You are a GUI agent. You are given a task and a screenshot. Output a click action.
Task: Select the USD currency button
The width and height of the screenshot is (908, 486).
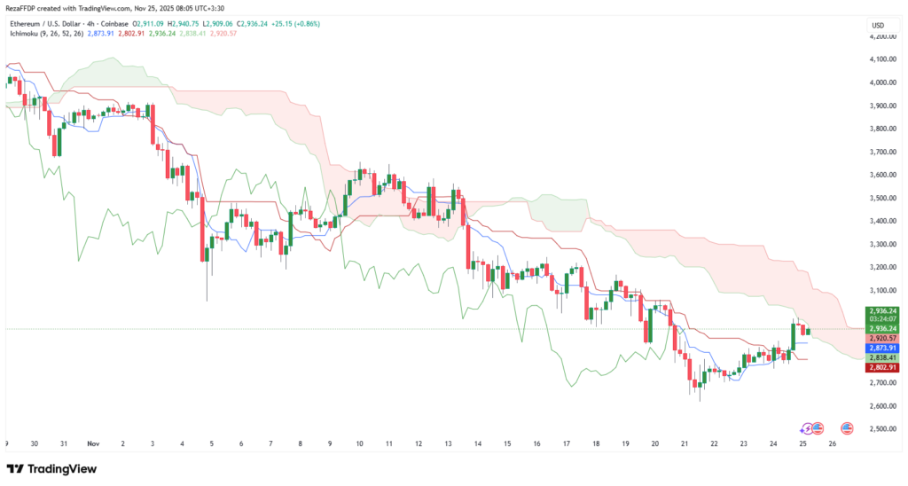pos(879,25)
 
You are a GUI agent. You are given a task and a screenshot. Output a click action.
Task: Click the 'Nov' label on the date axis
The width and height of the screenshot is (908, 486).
pos(94,443)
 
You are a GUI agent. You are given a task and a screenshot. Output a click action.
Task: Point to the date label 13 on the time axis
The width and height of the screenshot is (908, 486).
pos(449,443)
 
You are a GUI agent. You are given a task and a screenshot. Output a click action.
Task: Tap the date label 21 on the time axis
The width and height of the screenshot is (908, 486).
pos(685,443)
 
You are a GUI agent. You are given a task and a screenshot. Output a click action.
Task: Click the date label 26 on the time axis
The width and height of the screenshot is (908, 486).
pos(832,443)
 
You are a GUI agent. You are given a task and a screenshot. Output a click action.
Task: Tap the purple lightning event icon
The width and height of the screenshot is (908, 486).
pos(805,427)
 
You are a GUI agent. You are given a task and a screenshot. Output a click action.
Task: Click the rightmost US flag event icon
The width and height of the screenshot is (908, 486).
pos(847,427)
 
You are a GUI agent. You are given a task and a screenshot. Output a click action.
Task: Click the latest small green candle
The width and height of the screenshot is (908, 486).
pos(809,331)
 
